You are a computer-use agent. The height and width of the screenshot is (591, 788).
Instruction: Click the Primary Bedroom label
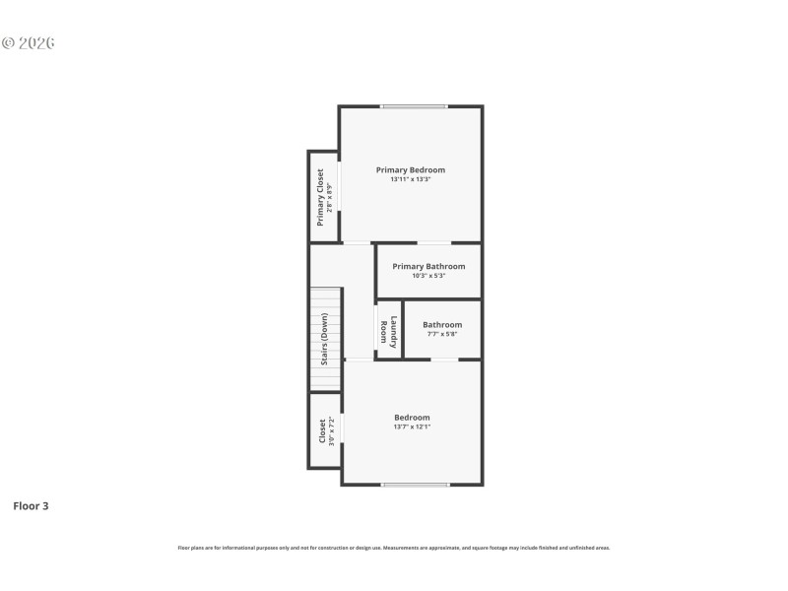(x=410, y=169)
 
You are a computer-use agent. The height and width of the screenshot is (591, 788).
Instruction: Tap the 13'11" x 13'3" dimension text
(x=410, y=179)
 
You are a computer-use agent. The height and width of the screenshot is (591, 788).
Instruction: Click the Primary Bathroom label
(x=428, y=266)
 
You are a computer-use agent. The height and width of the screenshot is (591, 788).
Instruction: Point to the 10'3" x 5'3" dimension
(x=428, y=276)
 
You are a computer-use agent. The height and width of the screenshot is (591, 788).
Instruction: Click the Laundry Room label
(x=389, y=332)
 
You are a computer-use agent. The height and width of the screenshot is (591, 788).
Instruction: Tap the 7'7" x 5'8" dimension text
(x=442, y=335)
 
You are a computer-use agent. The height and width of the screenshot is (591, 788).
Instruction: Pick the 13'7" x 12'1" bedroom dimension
(x=412, y=427)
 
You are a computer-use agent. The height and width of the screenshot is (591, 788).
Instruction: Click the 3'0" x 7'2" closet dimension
(x=332, y=431)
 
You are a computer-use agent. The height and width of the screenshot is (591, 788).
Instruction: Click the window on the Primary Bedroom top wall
(x=414, y=106)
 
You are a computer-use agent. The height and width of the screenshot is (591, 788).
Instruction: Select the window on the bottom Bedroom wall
(x=416, y=484)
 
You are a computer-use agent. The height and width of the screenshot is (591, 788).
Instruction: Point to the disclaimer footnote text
(x=394, y=548)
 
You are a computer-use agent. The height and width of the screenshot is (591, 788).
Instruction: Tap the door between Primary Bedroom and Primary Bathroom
(x=434, y=242)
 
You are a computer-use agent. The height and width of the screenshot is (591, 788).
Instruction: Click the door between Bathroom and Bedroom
(x=444, y=360)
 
